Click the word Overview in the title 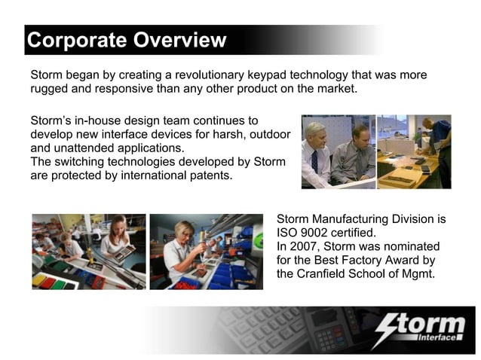point(179,40)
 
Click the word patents point(210,175)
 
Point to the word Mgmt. point(418,273)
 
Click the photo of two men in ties point(337,151)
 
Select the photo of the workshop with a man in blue point(414,151)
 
